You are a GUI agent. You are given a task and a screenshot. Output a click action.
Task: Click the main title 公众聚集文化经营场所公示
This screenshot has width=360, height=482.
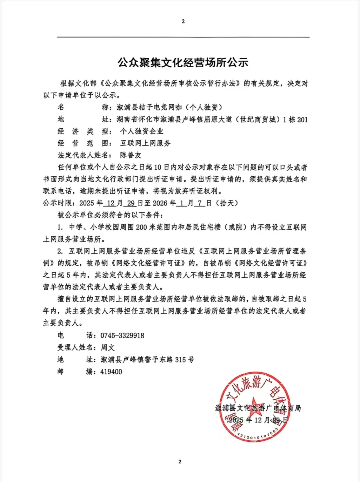coord(183,63)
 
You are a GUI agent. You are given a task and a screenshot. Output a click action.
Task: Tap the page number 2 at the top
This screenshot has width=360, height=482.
coord(183,21)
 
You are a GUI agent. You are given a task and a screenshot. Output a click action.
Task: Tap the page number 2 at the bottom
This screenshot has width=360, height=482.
coord(180,462)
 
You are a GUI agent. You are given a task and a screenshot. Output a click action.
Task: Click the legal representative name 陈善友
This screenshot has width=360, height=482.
coord(131,155)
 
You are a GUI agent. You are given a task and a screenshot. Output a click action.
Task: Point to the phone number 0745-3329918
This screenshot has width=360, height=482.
coord(122,335)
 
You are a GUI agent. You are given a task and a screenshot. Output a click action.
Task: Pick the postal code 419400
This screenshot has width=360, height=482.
coord(111,372)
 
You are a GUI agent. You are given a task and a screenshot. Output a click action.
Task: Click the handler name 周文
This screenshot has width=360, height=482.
coord(108,347)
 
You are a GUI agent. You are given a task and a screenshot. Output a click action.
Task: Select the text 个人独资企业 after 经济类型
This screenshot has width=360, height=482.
coord(142,131)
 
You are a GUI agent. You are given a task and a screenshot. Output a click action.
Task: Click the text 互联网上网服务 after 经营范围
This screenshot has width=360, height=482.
coord(145,143)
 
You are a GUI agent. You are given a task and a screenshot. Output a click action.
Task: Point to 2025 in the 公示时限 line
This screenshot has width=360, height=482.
coord(87,203)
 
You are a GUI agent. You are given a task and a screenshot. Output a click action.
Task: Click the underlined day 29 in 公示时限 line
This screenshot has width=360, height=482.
coord(131,203)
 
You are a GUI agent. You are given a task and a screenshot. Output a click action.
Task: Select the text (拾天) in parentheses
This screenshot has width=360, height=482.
coord(227,203)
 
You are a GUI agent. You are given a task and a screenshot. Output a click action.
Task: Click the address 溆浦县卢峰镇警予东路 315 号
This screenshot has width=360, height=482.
coord(147,360)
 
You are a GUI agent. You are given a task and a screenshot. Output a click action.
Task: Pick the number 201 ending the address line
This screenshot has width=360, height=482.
coord(302,120)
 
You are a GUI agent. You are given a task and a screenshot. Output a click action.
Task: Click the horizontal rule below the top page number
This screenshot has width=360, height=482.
coord(183,37)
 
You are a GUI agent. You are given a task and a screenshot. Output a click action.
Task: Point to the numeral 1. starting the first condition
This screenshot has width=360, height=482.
coord(60,227)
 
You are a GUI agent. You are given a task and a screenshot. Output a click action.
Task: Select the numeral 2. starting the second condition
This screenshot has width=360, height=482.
coord(60,251)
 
